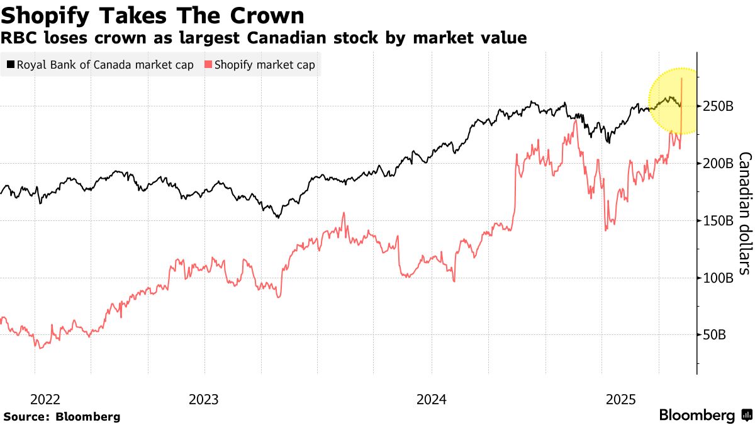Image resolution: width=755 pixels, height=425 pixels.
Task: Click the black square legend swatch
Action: pyautogui.click(x=10, y=64)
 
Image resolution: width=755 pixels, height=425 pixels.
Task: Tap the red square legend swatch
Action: pyautogui.click(x=208, y=64)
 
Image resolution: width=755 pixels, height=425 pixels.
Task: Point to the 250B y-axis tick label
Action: pyautogui.click(x=717, y=106)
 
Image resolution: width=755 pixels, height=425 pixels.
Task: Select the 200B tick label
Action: pyautogui.click(x=717, y=164)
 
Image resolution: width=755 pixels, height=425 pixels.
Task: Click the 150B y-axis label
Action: pyautogui.click(x=717, y=221)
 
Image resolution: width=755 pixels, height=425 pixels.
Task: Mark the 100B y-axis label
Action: pyautogui.click(x=717, y=278)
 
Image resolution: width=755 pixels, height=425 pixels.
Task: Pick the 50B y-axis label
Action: pyautogui.click(x=714, y=336)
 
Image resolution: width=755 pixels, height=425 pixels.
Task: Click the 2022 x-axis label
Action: pyautogui.click(x=45, y=399)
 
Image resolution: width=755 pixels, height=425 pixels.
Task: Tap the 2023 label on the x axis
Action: pyautogui.click(x=203, y=399)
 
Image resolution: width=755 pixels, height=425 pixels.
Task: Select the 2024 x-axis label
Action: pyautogui.click(x=432, y=399)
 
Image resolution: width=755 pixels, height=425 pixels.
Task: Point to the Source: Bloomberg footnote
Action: pyautogui.click(x=62, y=417)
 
